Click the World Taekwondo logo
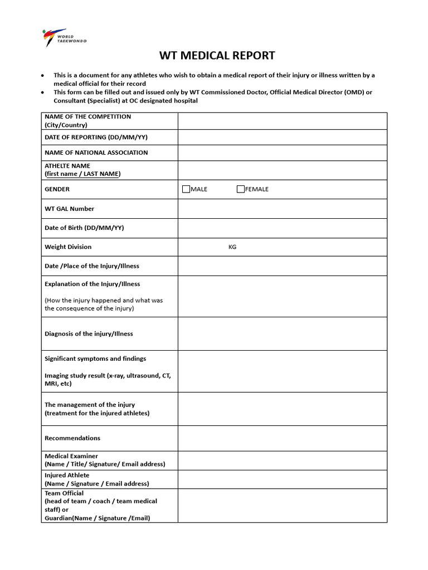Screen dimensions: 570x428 (x=65, y=37)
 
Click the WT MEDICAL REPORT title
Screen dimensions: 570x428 (x=217, y=56)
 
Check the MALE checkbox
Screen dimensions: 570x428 (x=186, y=189)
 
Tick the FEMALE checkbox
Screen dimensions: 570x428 (x=241, y=189)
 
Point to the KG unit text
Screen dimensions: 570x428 (x=232, y=247)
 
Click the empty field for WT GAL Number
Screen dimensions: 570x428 (x=282, y=209)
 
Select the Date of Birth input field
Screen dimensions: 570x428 (x=282, y=228)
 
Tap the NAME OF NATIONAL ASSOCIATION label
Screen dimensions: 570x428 (x=96, y=153)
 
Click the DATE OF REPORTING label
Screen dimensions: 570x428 (x=96, y=137)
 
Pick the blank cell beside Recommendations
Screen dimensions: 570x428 (x=282, y=438)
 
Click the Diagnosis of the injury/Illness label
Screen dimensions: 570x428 (x=89, y=334)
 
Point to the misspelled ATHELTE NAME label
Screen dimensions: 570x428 (x=67, y=166)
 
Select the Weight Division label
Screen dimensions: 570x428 (x=68, y=247)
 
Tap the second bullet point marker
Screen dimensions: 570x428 (x=43, y=92)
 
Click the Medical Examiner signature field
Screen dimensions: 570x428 (x=282, y=460)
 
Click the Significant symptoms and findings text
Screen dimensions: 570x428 (x=95, y=359)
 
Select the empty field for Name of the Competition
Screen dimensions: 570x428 (x=282, y=121)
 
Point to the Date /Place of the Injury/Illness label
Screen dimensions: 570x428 (x=91, y=266)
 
